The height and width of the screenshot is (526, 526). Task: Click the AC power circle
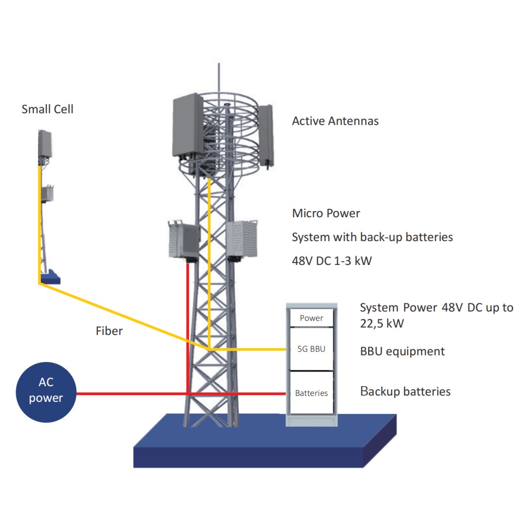coord(46,392)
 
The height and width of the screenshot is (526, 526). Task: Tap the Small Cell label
coord(47,109)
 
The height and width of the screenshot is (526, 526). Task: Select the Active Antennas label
coord(335,121)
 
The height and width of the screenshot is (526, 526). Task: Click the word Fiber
coord(109,331)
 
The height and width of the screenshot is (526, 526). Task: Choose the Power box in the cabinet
coord(311,318)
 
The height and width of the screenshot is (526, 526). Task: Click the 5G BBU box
coord(311,349)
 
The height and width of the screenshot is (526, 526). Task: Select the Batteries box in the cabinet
coord(311,393)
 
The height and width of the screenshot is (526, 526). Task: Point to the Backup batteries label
coord(405,391)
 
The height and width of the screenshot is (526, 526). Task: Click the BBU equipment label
coord(402,351)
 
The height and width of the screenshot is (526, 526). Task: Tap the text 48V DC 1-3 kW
coord(332,261)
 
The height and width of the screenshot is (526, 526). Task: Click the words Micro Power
coord(326,213)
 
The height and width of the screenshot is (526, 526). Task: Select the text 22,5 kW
coord(381,323)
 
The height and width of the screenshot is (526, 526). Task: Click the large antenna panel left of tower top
coord(187,126)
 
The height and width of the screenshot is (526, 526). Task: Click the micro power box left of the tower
coord(184,239)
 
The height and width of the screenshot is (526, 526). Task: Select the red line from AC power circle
coord(131,393)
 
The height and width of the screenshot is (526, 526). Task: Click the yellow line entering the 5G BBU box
coord(248,350)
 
